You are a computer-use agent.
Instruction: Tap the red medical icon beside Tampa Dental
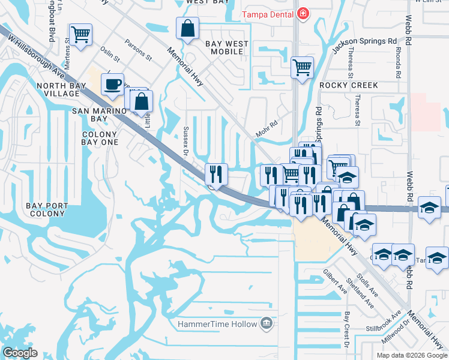click(x=304, y=13)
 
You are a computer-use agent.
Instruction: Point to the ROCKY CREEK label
click(x=349, y=85)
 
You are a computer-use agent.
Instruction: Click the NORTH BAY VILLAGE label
click(x=66, y=90)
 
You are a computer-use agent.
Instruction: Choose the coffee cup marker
click(x=112, y=84)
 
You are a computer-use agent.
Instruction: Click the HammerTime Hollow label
click(x=217, y=325)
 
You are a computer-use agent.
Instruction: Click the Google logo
click(x=20, y=353)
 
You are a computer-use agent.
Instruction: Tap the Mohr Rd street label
click(x=267, y=129)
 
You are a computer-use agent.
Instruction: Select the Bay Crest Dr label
click(x=346, y=329)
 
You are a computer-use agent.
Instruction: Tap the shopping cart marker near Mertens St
click(x=80, y=34)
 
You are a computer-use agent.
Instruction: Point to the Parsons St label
click(x=138, y=50)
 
